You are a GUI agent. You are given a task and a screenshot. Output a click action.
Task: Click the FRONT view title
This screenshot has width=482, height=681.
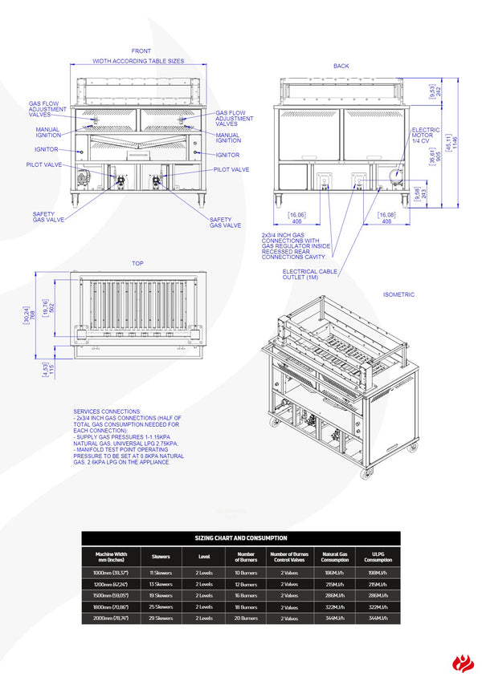click(141, 51)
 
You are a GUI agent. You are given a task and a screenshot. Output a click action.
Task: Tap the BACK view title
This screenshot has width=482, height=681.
click(341, 66)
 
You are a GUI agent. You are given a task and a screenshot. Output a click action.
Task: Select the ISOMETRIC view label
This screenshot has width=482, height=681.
click(398, 294)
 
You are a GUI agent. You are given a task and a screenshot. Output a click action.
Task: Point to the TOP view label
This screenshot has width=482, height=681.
click(138, 263)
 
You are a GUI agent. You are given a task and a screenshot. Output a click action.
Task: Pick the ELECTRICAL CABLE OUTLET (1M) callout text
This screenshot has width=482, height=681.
click(310, 275)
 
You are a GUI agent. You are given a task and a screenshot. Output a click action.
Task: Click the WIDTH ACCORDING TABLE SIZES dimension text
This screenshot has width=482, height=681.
click(138, 61)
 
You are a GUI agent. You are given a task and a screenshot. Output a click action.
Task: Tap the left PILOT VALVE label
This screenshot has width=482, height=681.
click(43, 164)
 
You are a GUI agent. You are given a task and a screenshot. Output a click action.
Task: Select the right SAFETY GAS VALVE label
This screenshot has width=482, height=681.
click(225, 223)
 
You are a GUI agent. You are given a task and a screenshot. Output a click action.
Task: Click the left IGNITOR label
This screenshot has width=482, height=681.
click(47, 149)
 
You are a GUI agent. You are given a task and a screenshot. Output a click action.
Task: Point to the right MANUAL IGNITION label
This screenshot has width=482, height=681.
click(228, 138)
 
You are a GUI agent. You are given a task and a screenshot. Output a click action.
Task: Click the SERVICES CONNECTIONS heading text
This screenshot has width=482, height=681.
click(106, 411)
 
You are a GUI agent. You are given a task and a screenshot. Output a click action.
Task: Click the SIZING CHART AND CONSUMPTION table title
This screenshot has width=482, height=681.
click(240, 538)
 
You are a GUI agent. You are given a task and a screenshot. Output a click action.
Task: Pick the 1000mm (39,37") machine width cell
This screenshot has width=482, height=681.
click(112, 573)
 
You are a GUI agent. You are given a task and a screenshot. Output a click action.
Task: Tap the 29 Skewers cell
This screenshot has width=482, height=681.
click(161, 618)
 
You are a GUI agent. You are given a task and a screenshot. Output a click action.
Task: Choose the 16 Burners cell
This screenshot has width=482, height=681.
click(246, 596)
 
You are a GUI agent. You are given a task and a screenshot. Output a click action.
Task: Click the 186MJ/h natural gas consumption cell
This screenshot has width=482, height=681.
click(335, 573)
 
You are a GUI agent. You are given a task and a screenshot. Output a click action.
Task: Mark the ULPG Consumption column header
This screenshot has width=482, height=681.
click(378, 556)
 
